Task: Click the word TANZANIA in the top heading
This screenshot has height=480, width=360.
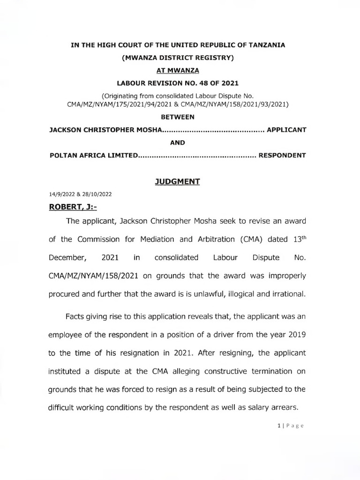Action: pyautogui.click(x=264, y=45)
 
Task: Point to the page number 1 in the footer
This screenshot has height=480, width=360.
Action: pyautogui.click(x=279, y=426)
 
